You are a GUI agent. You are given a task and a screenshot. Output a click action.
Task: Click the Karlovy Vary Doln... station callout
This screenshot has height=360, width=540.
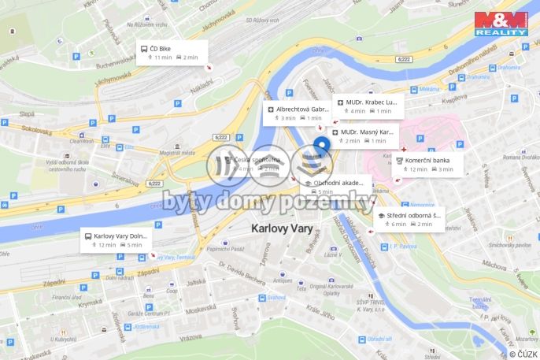116,239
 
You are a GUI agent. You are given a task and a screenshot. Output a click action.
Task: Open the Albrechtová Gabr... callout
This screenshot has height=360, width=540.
297,113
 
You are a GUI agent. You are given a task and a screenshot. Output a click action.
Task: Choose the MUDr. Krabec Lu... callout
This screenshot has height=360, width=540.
365,106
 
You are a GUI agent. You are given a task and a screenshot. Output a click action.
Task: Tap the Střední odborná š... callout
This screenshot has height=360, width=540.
409,218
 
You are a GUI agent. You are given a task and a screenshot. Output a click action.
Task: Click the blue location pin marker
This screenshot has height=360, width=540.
322,147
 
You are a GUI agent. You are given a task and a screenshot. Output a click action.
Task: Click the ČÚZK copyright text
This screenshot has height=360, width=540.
523,354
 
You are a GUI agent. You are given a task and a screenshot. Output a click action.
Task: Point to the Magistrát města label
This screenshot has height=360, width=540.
177,153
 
